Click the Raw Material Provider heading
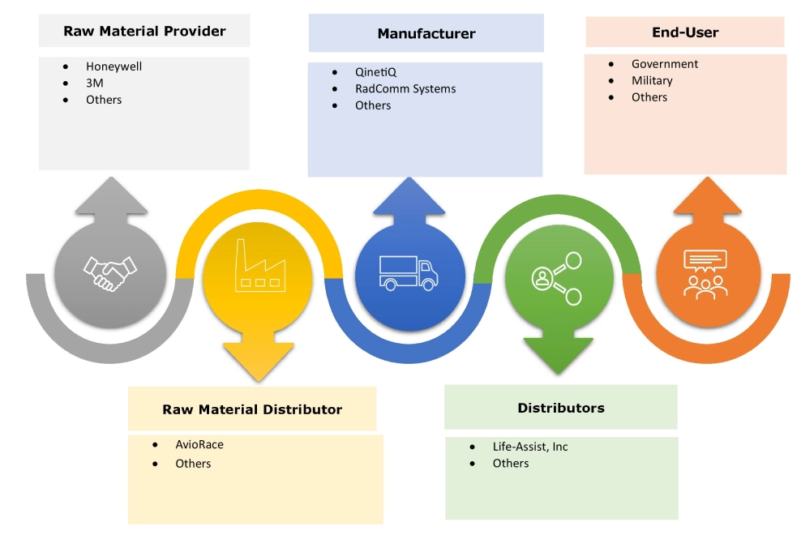pyautogui.click(x=144, y=32)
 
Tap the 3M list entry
pyautogui.click(x=95, y=83)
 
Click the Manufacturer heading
pyautogui.click(x=426, y=34)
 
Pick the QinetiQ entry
pyautogui.click(x=376, y=72)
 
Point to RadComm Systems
pyautogui.click(x=405, y=89)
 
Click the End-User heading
pyautogui.click(x=685, y=32)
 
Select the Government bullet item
pyautogui.click(x=665, y=64)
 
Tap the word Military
pyautogui.click(x=652, y=81)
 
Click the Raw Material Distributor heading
pyautogui.click(x=252, y=409)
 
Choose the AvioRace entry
pyautogui.click(x=199, y=445)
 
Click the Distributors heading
pyautogui.click(x=561, y=408)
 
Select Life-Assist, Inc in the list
pyautogui.click(x=530, y=447)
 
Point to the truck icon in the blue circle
pyautogui.click(x=409, y=273)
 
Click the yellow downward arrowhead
pyautogui.click(x=259, y=360)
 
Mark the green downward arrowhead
pyautogui.click(x=558, y=354)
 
